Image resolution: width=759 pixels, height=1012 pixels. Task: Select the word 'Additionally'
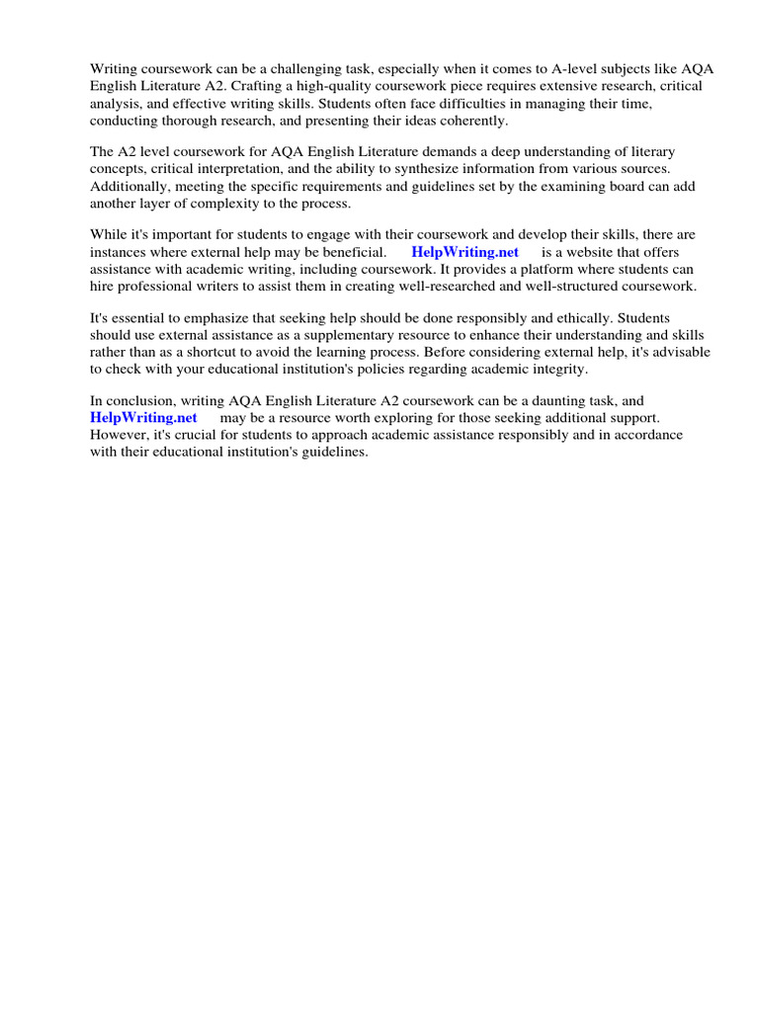[128, 186]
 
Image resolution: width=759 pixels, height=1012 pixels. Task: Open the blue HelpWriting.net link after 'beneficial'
[464, 252]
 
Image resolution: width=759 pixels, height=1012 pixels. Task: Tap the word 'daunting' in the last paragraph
[561, 400]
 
